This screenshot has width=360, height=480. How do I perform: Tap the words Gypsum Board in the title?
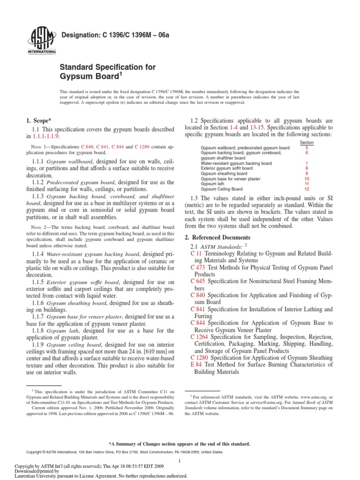(x=89, y=76)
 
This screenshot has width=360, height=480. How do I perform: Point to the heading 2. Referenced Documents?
(x=217, y=238)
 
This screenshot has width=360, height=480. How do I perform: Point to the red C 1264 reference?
(x=200, y=337)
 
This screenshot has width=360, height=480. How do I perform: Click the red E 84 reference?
(x=196, y=364)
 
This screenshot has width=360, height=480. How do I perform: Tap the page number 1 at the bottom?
(x=180, y=462)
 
